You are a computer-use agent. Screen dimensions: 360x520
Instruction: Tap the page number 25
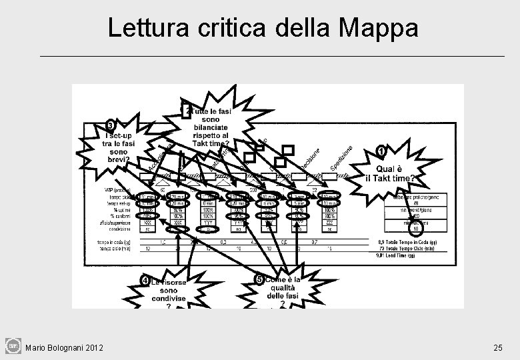pos(498,347)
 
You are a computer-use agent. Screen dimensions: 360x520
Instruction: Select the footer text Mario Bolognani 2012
pos(63,347)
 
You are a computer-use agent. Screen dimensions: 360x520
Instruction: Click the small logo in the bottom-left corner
pos(13,346)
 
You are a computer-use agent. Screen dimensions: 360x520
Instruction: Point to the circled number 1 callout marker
pos(381,151)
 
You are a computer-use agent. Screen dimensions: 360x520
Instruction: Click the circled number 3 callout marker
pos(110,125)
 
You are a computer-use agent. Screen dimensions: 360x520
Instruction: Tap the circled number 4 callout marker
pos(145,281)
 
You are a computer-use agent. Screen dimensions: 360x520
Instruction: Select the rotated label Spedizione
pos(342,157)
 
